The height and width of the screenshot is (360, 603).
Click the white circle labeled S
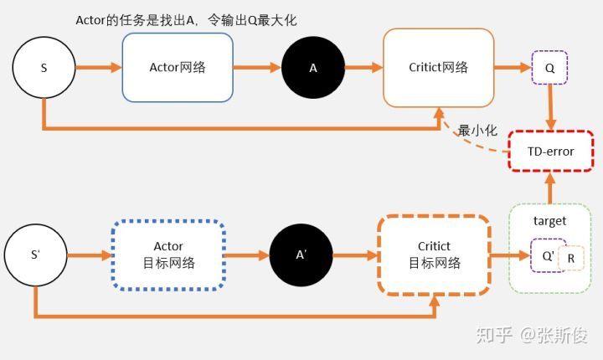44,67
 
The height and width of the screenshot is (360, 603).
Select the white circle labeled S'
35,255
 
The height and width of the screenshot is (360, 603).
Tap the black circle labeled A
313,68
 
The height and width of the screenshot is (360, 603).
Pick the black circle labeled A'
301,255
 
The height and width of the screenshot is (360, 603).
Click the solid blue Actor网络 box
178,68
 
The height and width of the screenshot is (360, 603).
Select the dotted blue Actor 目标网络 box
168,255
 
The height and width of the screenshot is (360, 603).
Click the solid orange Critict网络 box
439,68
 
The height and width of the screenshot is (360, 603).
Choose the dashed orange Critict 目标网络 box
434,255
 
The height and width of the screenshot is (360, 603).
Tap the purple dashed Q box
550,68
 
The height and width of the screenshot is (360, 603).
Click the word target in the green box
550,221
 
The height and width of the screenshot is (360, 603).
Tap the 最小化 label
477,131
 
